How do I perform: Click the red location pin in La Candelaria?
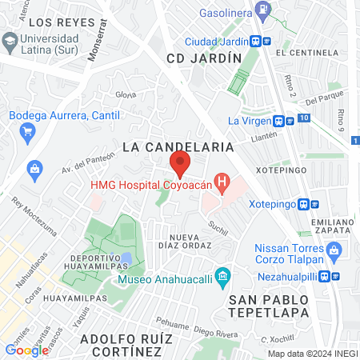[x=180, y=165]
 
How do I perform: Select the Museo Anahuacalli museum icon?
[x=223, y=279]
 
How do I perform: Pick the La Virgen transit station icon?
[x=278, y=122]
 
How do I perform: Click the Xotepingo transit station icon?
[x=305, y=204]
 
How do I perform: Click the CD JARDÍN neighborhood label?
[x=204, y=58]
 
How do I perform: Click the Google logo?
[x=26, y=350]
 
